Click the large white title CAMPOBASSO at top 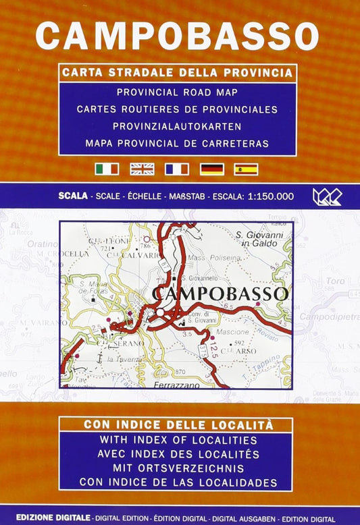pos(177,34)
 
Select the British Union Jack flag pos(141,169)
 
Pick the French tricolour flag pos(176,169)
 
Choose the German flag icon pos(211,169)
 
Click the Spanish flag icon pos(247,169)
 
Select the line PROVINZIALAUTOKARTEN pos(177,126)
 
